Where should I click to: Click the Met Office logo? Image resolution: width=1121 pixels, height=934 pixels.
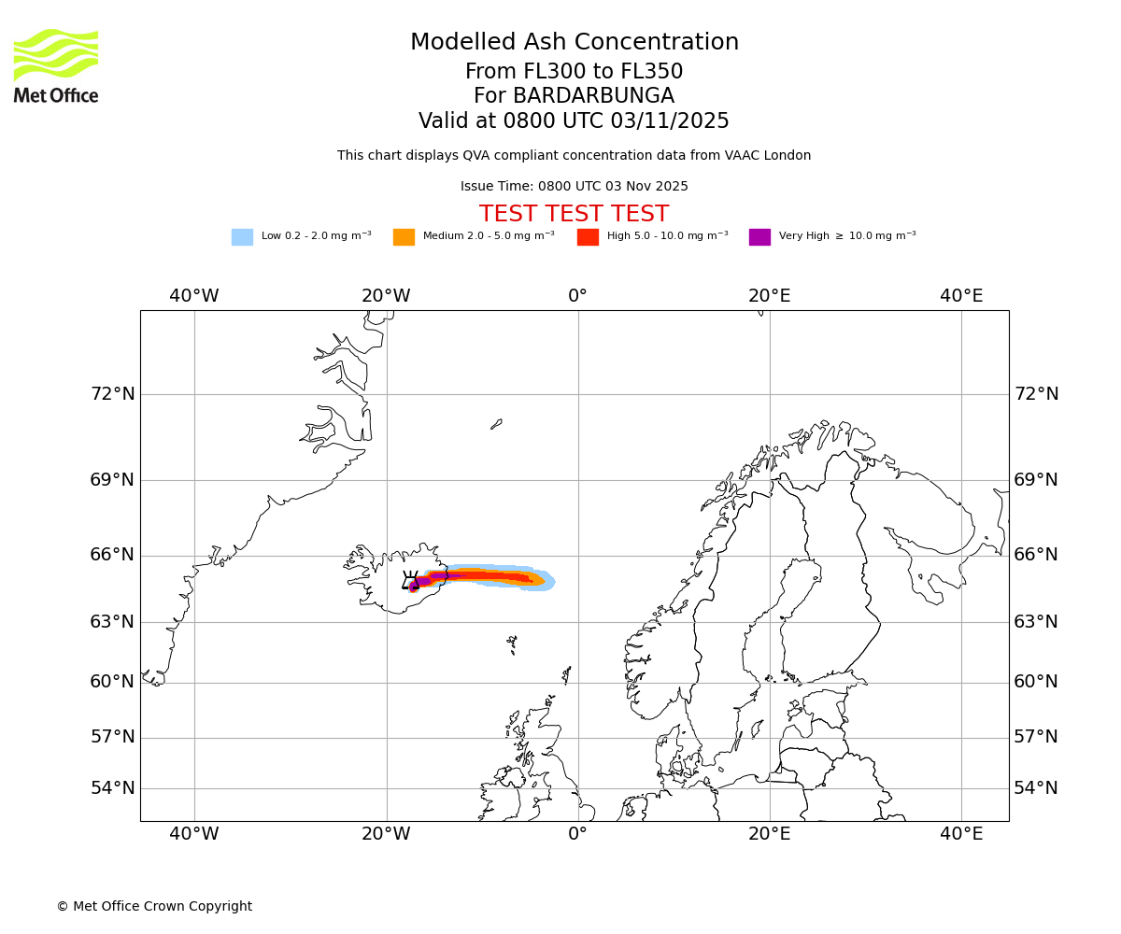[56, 65]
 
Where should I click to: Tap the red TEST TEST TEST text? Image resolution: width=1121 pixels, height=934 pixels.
[574, 214]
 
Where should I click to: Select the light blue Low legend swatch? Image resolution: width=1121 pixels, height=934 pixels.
[242, 237]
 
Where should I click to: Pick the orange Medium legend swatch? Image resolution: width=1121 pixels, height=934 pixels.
[404, 237]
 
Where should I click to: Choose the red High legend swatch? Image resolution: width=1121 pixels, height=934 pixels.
[588, 237]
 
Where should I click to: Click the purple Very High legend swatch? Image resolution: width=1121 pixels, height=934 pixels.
[759, 237]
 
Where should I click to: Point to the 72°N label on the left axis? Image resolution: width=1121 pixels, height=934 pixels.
[112, 394]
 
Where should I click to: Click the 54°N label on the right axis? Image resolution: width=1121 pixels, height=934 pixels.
[1036, 788]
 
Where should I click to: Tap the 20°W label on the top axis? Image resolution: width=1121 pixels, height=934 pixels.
[386, 296]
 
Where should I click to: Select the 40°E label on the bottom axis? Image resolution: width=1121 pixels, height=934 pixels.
[961, 834]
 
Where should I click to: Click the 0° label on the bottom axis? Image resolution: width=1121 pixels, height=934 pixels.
[577, 834]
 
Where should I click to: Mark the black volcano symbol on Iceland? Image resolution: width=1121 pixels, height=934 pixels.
[410, 581]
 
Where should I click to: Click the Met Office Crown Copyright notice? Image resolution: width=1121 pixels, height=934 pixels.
[154, 907]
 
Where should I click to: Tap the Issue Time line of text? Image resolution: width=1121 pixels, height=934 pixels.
[574, 187]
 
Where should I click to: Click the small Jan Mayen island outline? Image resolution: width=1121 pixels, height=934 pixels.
[496, 424]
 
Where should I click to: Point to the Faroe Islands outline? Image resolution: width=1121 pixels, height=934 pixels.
[512, 643]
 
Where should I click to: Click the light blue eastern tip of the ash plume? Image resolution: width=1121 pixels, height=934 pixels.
[549, 583]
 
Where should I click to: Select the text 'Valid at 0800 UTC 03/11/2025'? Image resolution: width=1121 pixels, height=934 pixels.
[574, 121]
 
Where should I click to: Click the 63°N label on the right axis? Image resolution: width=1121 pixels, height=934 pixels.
[1036, 622]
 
